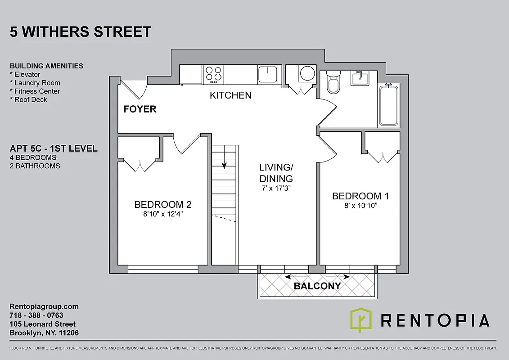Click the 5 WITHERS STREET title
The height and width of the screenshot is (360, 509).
tap(80, 32)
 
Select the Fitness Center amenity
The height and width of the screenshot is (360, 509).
tap(35, 91)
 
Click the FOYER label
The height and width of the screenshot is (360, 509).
tap(140, 109)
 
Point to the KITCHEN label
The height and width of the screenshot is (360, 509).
tap(230, 95)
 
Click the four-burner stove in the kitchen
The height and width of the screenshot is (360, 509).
tap(213, 74)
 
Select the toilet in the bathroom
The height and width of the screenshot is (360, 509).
tap(333, 82)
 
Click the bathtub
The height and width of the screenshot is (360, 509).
tap(389, 106)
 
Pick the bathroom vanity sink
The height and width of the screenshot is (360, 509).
tap(360, 78)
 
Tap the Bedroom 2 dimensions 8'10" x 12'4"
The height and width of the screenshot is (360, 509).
tap(163, 215)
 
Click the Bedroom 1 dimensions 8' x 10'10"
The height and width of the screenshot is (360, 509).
tap(360, 206)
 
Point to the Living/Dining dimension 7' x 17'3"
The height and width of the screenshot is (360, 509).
tap(276, 188)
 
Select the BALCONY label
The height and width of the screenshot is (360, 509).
tap(317, 286)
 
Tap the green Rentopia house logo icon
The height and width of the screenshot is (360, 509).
tap(361, 320)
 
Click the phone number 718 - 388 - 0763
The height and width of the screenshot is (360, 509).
tap(36, 315)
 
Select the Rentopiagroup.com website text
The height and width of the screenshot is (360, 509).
tap(44, 306)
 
